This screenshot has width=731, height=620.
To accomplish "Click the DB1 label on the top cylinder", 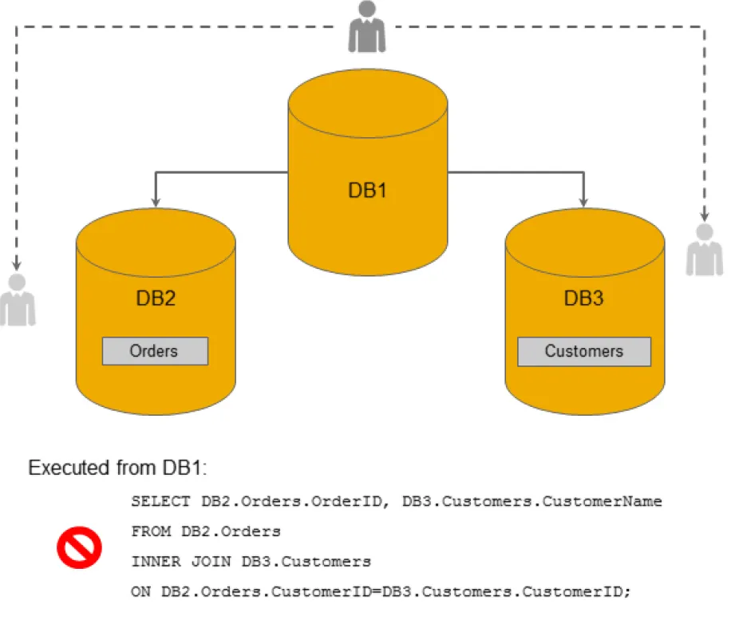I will coord(367,191).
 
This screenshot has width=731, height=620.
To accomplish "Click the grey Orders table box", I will coord(155,351).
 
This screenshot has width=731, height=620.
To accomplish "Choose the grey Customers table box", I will coord(584,351).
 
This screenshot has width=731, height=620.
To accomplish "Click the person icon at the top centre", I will coord(367,27).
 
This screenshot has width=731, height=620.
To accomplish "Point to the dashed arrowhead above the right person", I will coord(705,215).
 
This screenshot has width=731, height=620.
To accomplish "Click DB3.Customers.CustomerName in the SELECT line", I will coord(532,502).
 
